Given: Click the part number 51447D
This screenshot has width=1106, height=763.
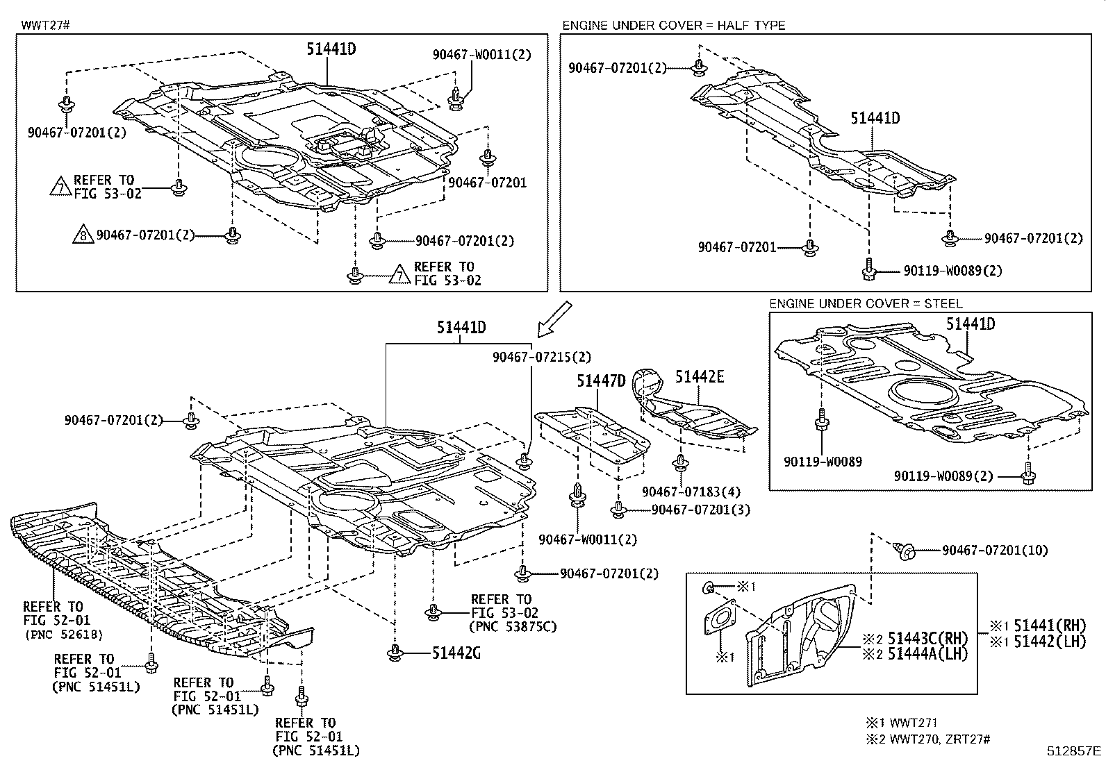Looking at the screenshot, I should click(601, 380).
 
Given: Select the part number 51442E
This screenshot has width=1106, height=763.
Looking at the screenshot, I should click(700, 376).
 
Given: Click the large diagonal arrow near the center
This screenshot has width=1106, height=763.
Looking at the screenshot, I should click(554, 318).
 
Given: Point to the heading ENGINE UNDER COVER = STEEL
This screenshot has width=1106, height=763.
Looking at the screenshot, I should click(866, 303).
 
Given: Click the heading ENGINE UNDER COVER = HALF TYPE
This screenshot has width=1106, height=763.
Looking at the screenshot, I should click(673, 26).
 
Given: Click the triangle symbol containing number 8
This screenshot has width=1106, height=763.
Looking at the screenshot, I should click(82, 236).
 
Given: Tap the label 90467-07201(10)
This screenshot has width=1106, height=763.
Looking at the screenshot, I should click(995, 550).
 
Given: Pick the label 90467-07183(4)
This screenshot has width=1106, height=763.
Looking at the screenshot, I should click(691, 492).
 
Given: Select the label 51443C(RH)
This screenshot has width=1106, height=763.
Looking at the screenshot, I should click(927, 638).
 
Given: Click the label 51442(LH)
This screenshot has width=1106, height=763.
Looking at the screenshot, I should click(1049, 642).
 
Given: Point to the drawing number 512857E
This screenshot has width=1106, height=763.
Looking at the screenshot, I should click(1075, 751).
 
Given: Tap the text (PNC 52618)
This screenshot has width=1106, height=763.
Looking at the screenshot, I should click(63, 634).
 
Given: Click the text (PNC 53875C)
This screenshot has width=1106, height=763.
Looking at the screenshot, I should click(513, 627).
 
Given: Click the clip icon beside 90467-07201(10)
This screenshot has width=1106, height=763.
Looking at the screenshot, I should click(906, 551).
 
